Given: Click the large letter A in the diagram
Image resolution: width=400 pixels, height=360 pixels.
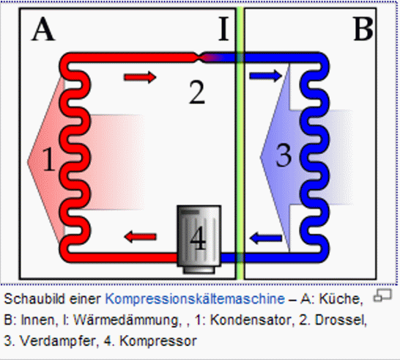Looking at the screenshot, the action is (x=43, y=29).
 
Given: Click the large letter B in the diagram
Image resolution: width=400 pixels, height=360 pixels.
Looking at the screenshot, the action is (x=363, y=29).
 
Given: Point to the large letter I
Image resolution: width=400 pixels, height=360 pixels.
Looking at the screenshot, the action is (x=223, y=29).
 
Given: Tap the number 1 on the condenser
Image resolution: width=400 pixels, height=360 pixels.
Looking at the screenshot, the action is (x=49, y=160).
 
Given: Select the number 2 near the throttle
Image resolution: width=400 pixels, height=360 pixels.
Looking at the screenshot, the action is (x=197, y=92).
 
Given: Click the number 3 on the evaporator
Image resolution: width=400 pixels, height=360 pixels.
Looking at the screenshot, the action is (x=284, y=155).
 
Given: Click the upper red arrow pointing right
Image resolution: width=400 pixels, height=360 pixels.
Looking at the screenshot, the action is (x=140, y=77).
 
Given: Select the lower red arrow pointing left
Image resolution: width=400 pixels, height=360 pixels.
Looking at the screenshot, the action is (x=140, y=237).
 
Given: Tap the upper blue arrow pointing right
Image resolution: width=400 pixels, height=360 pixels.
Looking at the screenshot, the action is (x=265, y=76).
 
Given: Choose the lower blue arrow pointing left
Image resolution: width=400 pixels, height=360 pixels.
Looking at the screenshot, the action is (x=265, y=238).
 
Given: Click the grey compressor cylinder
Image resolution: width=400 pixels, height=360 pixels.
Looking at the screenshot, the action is (x=199, y=239).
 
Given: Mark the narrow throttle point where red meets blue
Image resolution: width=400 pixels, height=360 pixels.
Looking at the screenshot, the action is (x=199, y=57).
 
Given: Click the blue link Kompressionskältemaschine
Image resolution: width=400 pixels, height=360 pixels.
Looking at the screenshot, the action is (x=195, y=298).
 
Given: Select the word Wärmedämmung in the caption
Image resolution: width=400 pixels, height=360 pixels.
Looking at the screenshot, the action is (x=126, y=320).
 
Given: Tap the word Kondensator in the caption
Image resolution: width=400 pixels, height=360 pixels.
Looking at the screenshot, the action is (x=251, y=320).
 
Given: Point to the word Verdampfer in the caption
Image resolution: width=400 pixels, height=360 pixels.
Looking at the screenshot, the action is (x=57, y=341).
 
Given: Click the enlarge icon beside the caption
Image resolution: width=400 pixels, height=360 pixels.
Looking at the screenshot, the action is (x=382, y=295).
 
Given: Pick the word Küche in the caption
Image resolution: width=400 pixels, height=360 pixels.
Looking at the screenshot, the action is (x=341, y=298).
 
